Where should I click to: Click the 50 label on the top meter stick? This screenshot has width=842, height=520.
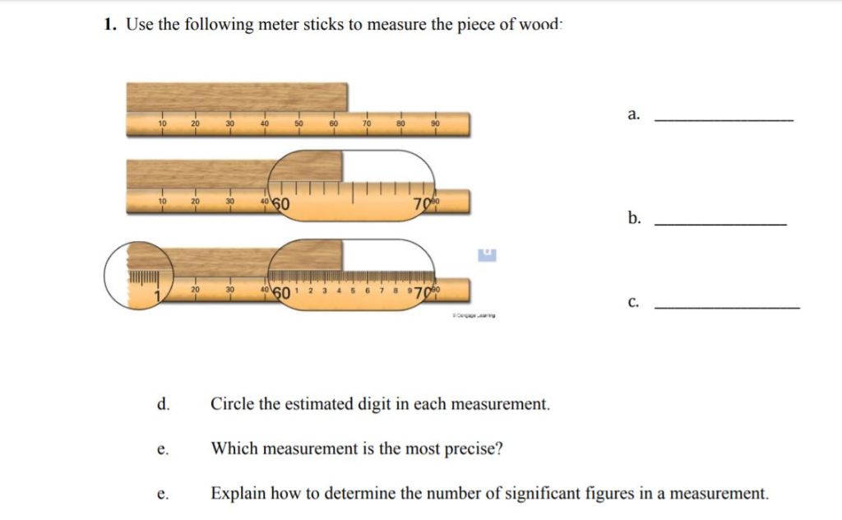click(x=298, y=123)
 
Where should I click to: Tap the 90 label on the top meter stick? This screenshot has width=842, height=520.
click(x=436, y=123)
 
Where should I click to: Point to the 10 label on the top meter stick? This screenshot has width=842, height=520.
click(x=162, y=123)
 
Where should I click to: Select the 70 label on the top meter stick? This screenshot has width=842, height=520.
click(x=367, y=123)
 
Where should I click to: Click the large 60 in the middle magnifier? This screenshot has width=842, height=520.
click(x=280, y=204)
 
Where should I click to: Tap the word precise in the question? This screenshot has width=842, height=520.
click(x=473, y=448)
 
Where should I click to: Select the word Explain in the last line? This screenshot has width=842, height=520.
click(x=237, y=494)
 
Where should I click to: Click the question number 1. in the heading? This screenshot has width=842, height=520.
click(x=112, y=25)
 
